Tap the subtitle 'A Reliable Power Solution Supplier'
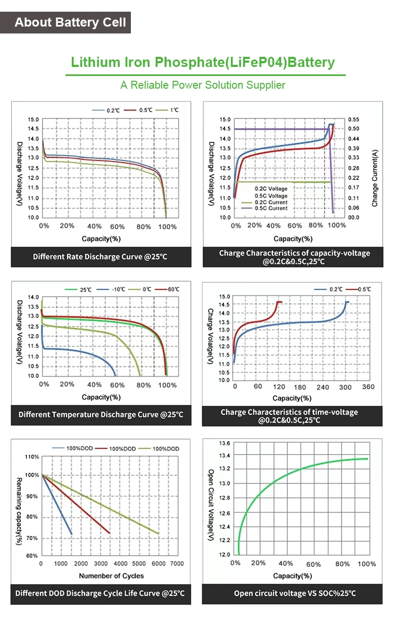203,85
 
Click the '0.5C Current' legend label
271,208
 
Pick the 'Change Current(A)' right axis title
375,178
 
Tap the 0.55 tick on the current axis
354,120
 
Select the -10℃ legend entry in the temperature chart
118,290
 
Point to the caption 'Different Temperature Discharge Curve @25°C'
101,414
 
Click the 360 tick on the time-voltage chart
368,387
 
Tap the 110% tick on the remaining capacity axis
32,457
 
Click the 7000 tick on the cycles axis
177,564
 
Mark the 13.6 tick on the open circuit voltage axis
224,443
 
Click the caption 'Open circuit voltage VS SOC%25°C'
295,593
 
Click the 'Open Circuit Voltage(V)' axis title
211,505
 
